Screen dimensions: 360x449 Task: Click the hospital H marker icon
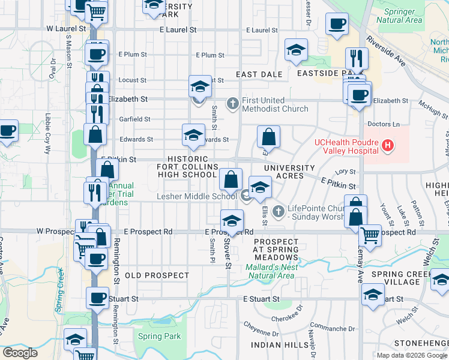(x=388, y=145)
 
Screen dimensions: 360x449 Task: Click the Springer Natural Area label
(x=399, y=16)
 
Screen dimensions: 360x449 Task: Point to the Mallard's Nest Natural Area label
(x=270, y=271)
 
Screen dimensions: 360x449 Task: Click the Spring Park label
(x=159, y=337)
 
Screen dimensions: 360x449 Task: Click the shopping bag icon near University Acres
(x=268, y=137)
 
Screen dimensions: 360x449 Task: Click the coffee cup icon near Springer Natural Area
(x=337, y=25)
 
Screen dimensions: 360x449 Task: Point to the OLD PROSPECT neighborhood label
(x=157, y=275)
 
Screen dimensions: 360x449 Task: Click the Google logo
(x=20, y=353)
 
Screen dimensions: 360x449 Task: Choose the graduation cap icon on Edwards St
(x=193, y=136)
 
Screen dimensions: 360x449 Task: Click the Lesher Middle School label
(x=197, y=196)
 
